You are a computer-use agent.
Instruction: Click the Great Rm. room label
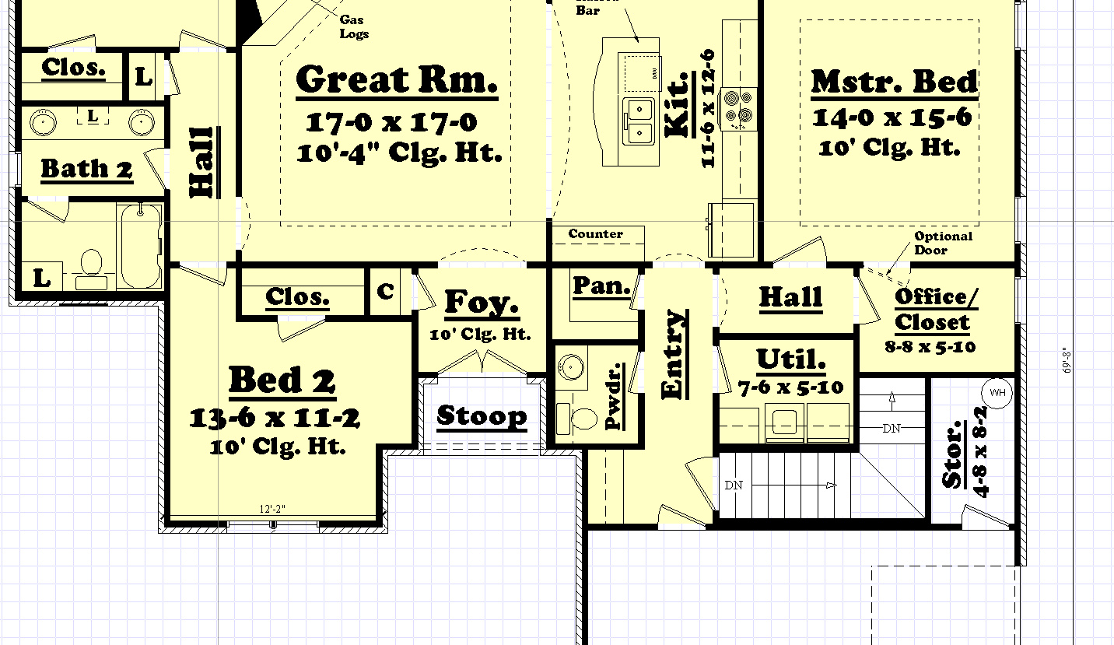(x=397, y=80)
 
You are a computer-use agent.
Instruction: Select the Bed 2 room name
(x=282, y=380)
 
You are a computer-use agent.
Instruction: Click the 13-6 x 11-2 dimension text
(x=275, y=419)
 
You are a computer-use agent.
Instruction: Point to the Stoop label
(x=482, y=416)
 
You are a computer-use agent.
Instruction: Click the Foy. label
(x=482, y=303)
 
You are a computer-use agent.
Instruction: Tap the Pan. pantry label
(x=601, y=286)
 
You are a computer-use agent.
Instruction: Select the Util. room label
(x=791, y=359)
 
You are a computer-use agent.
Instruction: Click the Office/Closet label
(x=932, y=310)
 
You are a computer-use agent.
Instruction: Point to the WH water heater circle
(x=996, y=392)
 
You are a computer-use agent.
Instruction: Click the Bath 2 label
(x=86, y=169)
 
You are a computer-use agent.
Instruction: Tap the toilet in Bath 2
(x=92, y=264)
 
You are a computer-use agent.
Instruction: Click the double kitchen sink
(x=639, y=123)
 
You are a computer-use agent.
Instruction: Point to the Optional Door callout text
(x=942, y=243)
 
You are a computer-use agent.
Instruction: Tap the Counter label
(x=595, y=234)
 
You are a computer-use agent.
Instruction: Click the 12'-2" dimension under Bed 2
(x=273, y=510)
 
